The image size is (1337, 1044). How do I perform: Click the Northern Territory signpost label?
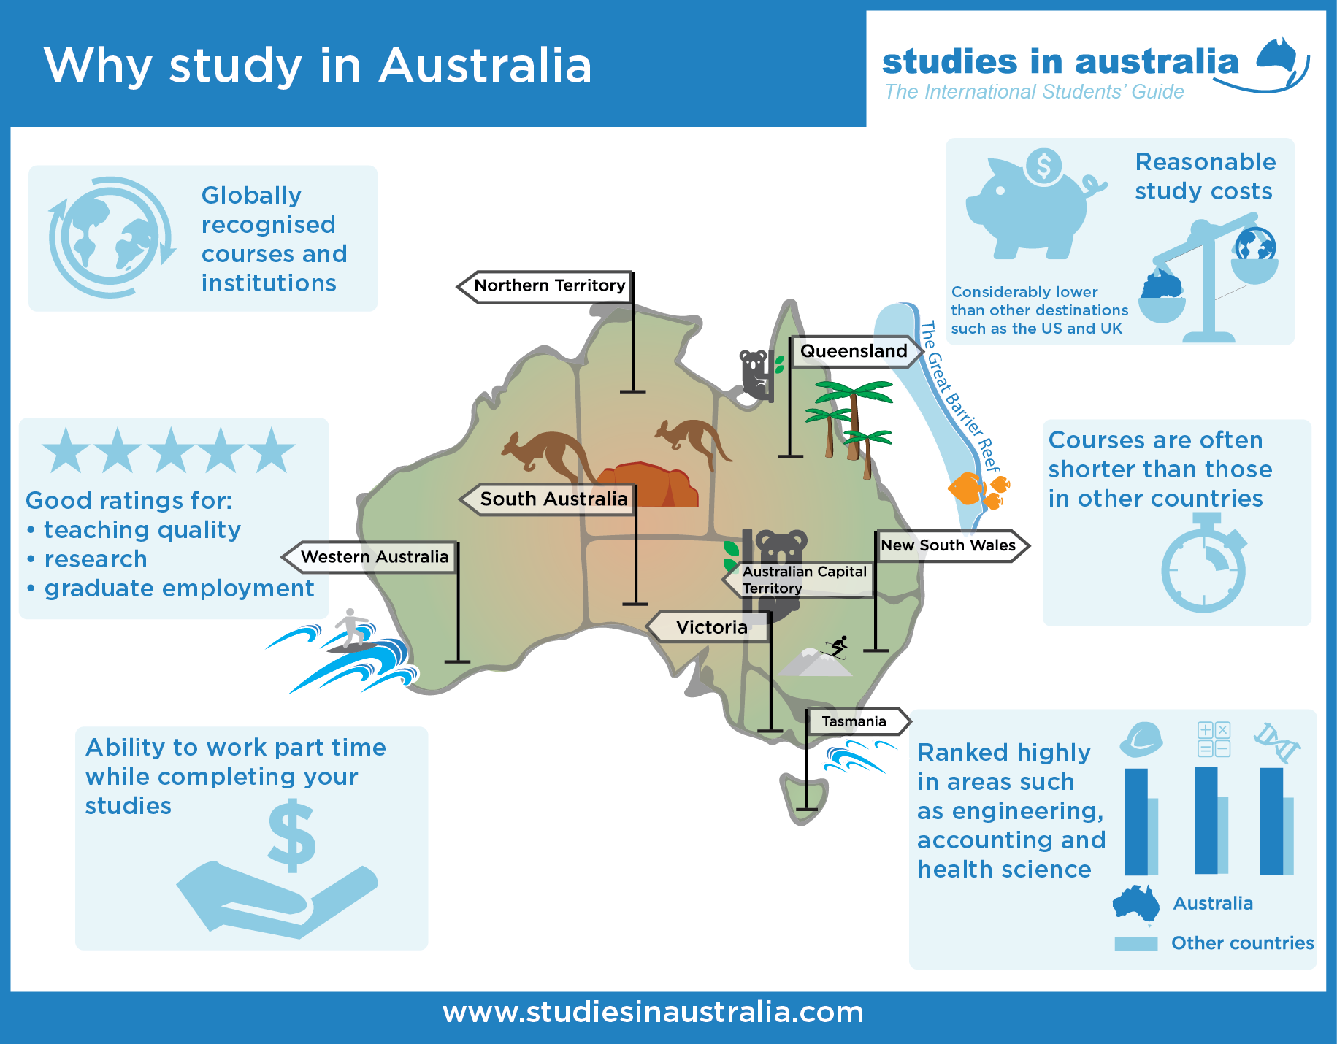pos(549,286)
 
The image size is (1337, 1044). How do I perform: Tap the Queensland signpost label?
pos(854,351)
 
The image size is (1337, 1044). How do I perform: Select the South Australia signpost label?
pos(553,499)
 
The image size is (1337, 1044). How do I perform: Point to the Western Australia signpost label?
pos(374,557)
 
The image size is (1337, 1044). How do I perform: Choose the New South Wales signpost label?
pos(948,545)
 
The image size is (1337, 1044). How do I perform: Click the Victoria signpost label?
pos(711,627)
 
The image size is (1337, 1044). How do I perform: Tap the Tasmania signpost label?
pos(854,721)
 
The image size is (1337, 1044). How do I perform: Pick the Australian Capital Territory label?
pos(803,580)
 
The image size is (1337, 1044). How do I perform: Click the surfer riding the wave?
pos(352,628)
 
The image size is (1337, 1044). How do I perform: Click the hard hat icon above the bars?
pos(1141,740)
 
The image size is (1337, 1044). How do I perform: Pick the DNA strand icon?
pos(1276,742)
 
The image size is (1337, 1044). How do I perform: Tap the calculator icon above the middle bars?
pos(1214,739)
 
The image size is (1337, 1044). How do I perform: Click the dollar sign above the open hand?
pos(292,836)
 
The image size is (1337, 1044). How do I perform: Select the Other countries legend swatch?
pos(1135,943)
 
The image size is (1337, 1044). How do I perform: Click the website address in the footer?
pos(653,1013)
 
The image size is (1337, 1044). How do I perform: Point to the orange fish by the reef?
pos(968,488)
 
